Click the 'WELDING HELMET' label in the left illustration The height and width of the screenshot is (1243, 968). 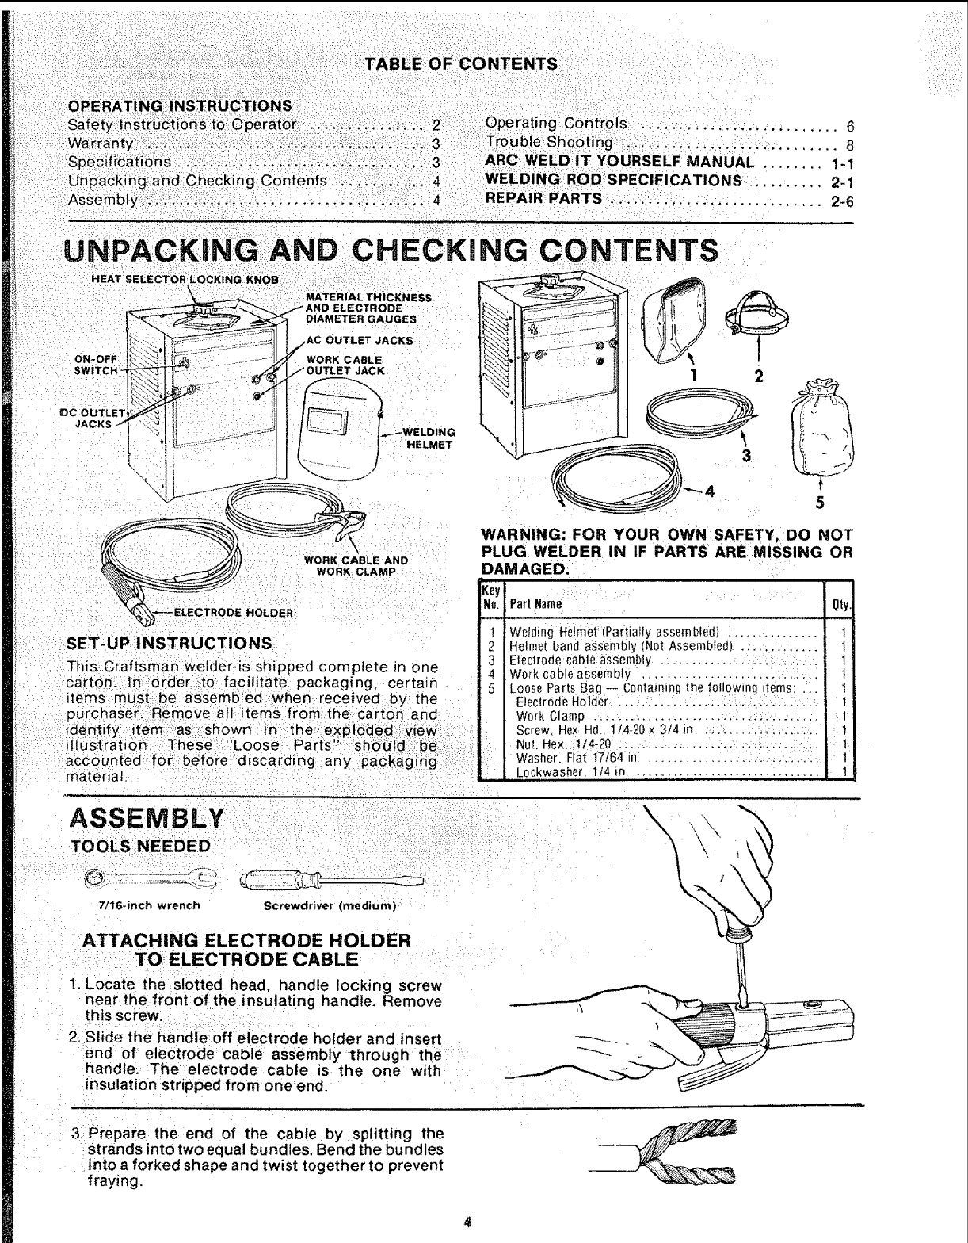coord(429,438)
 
